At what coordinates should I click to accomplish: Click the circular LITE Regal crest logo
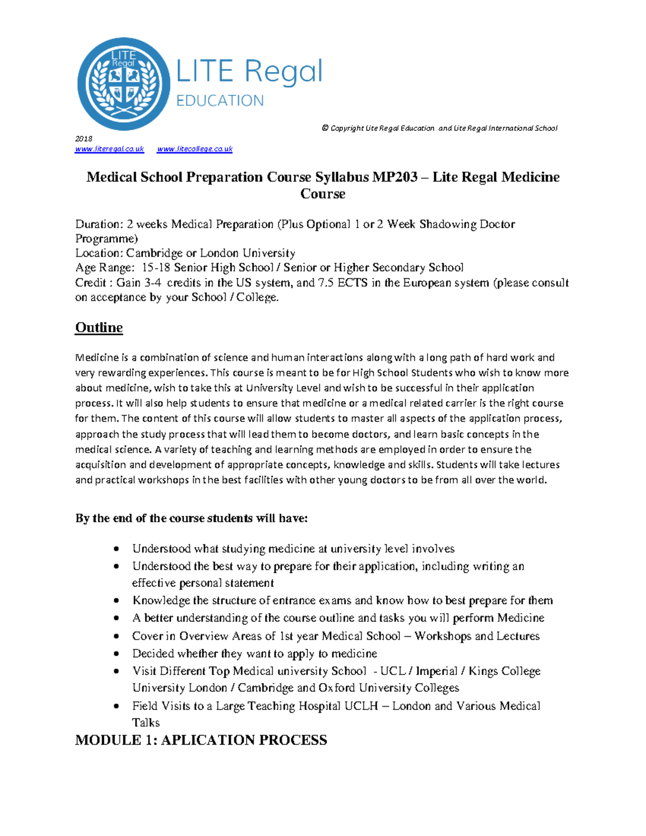124,84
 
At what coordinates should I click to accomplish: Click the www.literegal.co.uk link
110,149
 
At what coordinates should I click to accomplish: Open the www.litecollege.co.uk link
194,149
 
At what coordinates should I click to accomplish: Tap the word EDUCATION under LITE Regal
220,101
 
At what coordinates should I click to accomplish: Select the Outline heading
99,328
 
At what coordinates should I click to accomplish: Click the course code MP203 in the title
395,177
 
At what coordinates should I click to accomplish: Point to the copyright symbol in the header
325,128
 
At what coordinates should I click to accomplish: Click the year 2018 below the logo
84,138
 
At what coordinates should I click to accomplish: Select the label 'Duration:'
99,224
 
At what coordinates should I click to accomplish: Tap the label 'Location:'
99,254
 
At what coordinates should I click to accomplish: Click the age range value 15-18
156,268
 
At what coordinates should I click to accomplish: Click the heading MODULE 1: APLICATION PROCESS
201,740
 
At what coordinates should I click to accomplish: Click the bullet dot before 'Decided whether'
116,654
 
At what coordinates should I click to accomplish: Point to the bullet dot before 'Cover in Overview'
116,636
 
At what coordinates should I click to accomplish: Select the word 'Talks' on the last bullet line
146,723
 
